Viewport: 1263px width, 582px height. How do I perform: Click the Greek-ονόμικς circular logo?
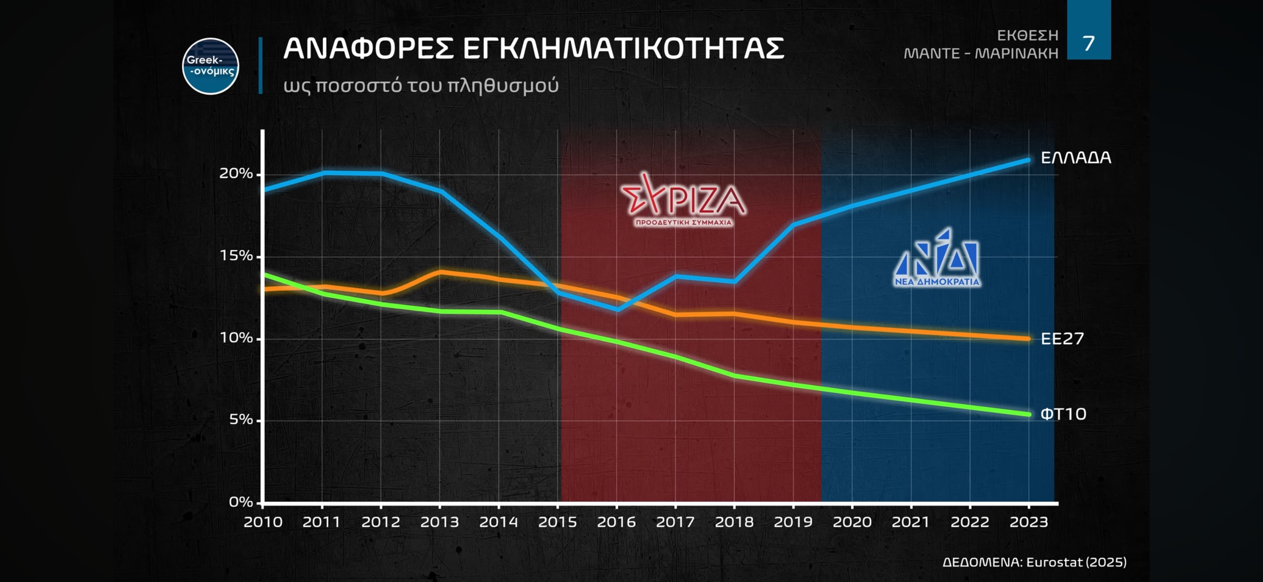tap(210, 66)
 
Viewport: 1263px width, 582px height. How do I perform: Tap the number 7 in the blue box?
tap(1089, 43)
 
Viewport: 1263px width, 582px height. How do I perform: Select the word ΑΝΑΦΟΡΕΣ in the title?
tap(368, 49)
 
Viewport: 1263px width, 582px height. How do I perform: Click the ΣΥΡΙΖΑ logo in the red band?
tap(683, 200)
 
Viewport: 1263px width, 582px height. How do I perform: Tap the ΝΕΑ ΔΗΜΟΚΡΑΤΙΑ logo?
tap(936, 258)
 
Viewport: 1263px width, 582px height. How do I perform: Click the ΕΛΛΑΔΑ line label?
tap(1076, 158)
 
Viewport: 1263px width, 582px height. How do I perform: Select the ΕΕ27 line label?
tap(1062, 338)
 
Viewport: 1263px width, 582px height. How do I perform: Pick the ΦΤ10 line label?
tap(1063, 415)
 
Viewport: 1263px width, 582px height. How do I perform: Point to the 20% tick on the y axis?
tap(236, 174)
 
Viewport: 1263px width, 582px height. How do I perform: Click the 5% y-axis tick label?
tap(241, 420)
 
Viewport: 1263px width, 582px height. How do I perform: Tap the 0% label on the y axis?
tap(241, 502)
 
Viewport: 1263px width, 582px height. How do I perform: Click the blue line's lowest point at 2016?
tap(617, 309)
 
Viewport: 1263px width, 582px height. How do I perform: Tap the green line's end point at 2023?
tap(1028, 415)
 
